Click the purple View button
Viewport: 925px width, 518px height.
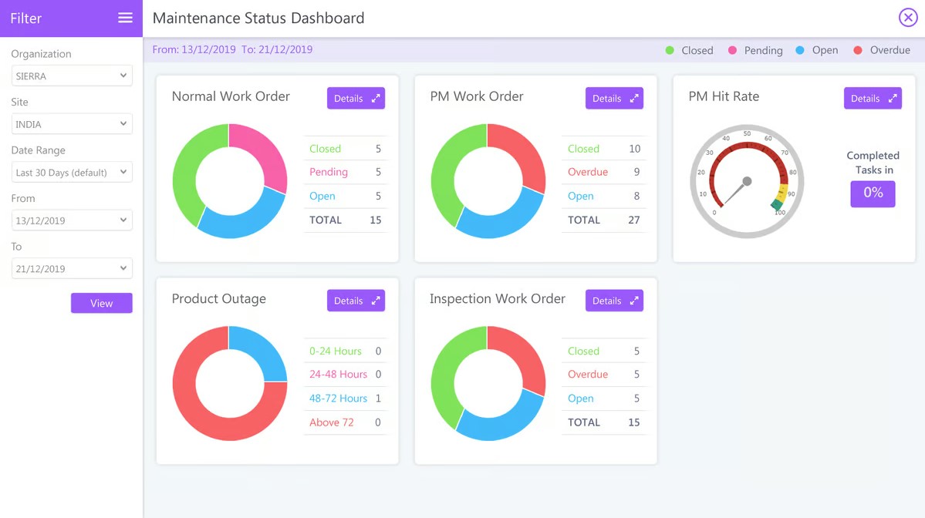click(101, 303)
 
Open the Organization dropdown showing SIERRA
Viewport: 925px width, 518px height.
click(71, 76)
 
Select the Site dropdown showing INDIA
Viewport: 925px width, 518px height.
click(71, 124)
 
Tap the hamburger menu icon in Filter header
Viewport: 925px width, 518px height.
click(125, 18)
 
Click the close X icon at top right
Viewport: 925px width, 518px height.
click(907, 18)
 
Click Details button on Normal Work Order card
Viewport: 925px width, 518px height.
click(356, 98)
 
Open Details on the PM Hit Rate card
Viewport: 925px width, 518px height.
click(873, 98)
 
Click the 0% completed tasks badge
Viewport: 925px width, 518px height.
click(873, 193)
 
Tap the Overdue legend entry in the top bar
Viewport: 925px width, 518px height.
click(882, 50)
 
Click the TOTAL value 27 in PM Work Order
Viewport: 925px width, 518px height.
click(633, 220)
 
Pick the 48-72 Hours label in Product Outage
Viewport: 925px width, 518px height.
click(338, 399)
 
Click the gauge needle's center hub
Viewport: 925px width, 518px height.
click(747, 182)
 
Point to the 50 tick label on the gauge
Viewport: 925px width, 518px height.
click(747, 134)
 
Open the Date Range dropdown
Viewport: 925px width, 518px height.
click(71, 173)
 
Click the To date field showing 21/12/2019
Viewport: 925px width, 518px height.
click(71, 269)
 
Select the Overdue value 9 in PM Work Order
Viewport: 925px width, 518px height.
click(636, 172)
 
